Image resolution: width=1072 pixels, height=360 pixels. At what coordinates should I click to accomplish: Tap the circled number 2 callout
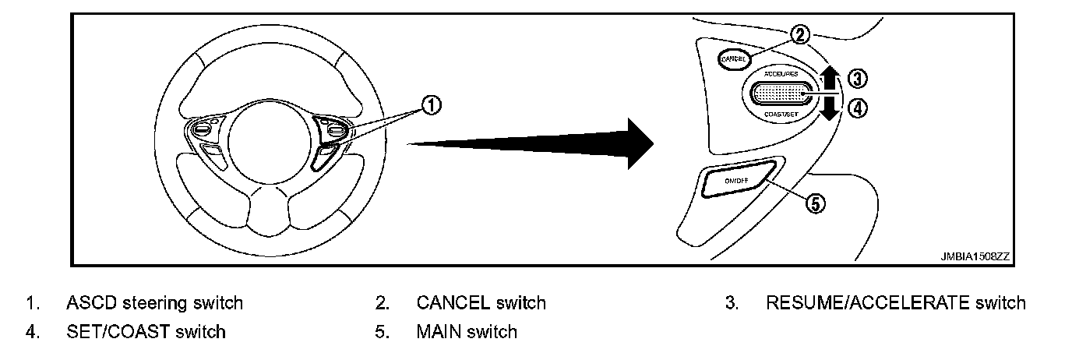coord(800,34)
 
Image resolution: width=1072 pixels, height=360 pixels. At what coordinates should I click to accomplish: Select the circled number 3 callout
coord(856,78)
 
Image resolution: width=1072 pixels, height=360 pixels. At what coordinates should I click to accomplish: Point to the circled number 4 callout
coord(856,109)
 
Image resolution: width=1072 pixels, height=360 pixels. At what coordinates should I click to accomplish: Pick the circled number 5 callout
coord(813,203)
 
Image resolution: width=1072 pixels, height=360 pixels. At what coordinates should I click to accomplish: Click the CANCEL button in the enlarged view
coord(733,58)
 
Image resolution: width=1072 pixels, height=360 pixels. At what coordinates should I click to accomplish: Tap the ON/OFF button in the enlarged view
coord(736,181)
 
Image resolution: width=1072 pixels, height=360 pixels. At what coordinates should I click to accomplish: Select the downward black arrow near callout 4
coord(830,108)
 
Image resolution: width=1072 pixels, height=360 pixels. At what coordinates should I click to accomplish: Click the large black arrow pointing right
coord(538,143)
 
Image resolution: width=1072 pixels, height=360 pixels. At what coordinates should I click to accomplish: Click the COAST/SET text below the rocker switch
coord(781,115)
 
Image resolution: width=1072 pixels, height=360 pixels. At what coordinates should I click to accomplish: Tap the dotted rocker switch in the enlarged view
coord(781,93)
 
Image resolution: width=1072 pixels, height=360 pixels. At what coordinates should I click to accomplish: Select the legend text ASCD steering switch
coord(155,302)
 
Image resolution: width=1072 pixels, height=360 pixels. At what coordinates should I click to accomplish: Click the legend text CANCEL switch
coord(481,302)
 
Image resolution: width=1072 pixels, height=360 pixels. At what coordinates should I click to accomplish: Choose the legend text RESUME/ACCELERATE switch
coord(896,302)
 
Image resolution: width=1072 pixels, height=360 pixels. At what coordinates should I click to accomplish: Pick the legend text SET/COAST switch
coord(146,332)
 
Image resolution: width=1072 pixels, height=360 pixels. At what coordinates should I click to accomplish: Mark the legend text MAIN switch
coord(466,332)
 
